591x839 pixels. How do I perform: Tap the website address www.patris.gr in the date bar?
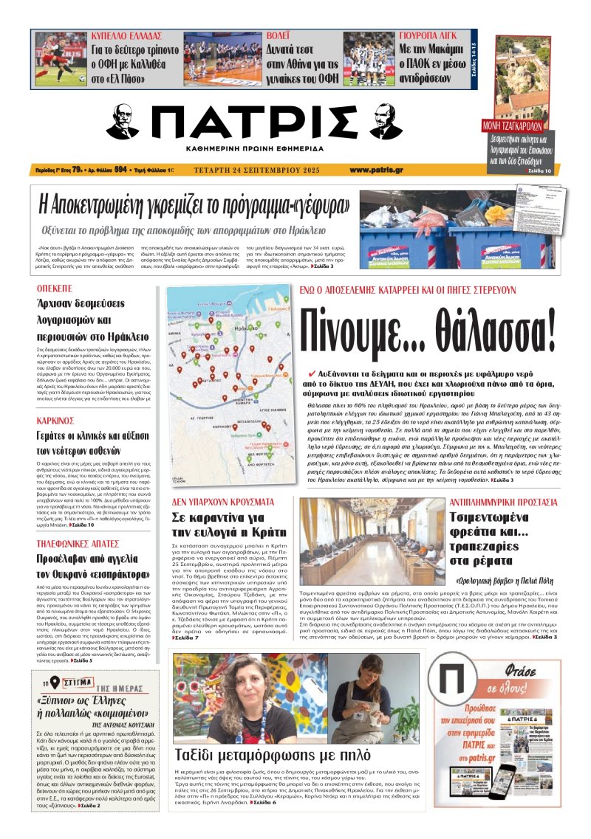click(377, 170)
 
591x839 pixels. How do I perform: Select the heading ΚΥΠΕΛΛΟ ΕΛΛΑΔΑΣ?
click(126, 35)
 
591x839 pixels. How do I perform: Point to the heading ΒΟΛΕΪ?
click(276, 35)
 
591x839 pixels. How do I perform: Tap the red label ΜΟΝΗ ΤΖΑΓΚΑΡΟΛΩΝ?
click(516, 124)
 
